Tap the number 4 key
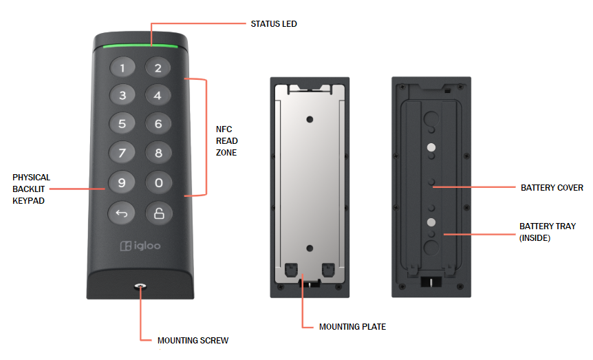(x=158, y=96)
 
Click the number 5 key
(x=122, y=125)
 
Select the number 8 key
(x=158, y=153)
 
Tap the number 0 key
(x=158, y=183)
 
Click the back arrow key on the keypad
(x=122, y=213)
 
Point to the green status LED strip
(x=140, y=47)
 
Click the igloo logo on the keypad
(x=140, y=246)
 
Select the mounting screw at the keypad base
(x=140, y=286)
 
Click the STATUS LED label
(x=273, y=24)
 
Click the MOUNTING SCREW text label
(x=193, y=340)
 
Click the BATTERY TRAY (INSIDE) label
(x=548, y=232)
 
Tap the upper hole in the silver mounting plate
(x=310, y=119)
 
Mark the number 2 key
(x=158, y=67)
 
